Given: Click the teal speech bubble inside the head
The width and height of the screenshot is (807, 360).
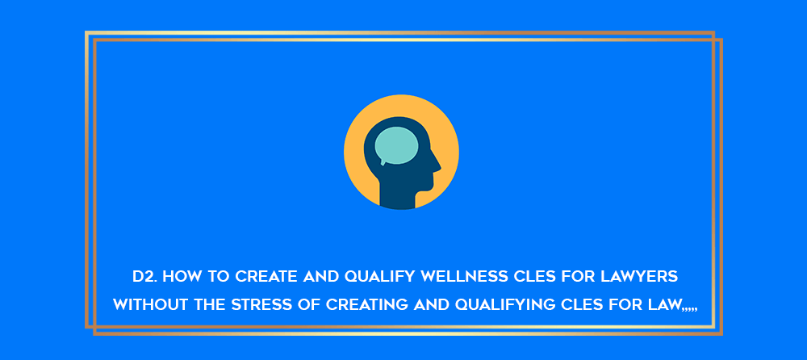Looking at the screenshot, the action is click(x=395, y=146).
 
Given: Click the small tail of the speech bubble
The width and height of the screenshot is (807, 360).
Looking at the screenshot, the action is click(x=383, y=162).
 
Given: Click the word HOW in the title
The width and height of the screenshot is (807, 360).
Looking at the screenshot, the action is click(x=178, y=277).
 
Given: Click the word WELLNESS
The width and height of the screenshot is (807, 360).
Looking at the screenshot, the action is click(x=464, y=277).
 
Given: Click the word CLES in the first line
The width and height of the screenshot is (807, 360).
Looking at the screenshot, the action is click(x=533, y=277).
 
